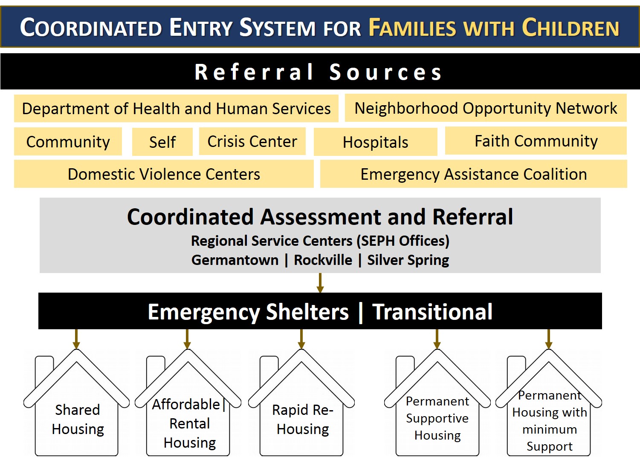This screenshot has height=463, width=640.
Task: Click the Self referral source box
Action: click(162, 142)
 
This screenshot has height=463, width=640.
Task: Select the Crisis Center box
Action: click(252, 141)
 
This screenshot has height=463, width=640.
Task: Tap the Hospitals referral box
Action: click(375, 142)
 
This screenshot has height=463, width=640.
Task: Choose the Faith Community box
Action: click(536, 141)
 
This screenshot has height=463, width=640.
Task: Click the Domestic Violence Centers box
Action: click(164, 174)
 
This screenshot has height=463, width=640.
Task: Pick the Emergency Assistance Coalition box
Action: click(473, 174)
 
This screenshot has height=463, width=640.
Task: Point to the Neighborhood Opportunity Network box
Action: click(485, 108)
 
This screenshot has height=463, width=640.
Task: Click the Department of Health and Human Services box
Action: click(176, 109)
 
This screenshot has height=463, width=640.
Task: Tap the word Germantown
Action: click(235, 260)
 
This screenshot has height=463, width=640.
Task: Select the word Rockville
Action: click(323, 260)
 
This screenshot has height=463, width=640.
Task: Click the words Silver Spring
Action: click(408, 260)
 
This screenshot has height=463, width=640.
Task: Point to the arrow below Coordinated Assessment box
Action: click(320, 283)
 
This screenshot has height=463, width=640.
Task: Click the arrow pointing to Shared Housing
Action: click(76, 339)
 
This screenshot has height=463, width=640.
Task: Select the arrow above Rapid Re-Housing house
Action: click(301, 339)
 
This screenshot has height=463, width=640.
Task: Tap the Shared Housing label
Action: click(78, 419)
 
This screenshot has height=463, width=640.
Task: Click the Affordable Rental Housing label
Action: click(189, 423)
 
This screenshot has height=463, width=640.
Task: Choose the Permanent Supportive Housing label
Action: click(437, 418)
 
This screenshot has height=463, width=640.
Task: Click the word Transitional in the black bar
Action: click(432, 312)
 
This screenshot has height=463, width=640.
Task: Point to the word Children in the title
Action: click(570, 28)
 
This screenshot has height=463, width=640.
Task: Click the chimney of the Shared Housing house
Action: click(44, 368)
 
